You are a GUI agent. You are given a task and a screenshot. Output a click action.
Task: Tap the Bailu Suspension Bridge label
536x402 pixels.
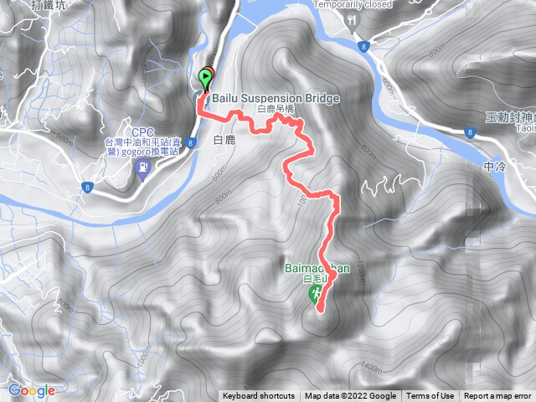(276, 99)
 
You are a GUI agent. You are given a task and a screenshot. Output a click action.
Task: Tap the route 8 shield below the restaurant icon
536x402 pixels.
(361, 46)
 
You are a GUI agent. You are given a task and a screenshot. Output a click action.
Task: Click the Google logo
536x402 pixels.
(32, 390)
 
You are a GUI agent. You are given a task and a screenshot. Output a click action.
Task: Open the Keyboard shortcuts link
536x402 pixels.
(259, 396)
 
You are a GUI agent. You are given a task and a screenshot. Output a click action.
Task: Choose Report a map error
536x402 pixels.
(498, 396)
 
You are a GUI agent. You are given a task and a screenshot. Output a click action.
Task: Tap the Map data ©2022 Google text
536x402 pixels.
(351, 396)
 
